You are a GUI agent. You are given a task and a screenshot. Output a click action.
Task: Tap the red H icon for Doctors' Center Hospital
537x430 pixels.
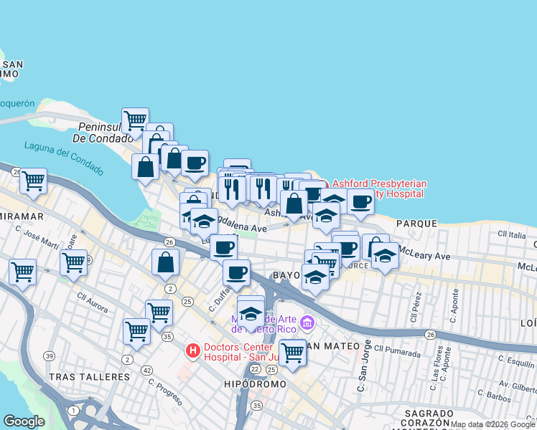coord(192,350)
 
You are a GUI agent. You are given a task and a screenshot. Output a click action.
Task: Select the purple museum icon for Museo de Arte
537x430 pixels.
coord(307,323)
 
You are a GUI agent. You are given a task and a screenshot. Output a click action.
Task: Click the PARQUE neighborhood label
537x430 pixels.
coord(416,224)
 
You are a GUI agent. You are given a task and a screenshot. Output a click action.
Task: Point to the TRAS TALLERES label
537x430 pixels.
coord(83,377)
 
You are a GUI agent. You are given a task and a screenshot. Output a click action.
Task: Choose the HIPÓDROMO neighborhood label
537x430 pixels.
coord(255,384)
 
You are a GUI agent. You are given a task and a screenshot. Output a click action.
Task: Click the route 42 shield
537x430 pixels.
coord(147,370)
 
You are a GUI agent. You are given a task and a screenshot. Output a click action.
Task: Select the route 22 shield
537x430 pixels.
coord(256,369)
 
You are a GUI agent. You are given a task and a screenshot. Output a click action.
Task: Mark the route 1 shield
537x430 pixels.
coord(74,410)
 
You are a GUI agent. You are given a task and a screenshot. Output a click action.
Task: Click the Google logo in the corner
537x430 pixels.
coord(23,421)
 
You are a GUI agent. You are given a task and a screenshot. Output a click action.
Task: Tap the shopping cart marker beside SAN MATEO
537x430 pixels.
coord(292,352)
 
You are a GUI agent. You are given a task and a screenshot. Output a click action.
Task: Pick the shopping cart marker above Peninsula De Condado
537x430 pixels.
coord(135,120)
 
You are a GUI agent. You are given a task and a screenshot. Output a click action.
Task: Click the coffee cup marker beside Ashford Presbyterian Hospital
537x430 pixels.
coord(360,201)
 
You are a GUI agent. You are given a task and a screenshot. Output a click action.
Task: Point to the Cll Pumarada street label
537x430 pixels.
coord(396,350)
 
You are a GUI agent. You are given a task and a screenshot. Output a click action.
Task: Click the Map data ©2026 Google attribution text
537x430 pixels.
coord(492,424)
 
